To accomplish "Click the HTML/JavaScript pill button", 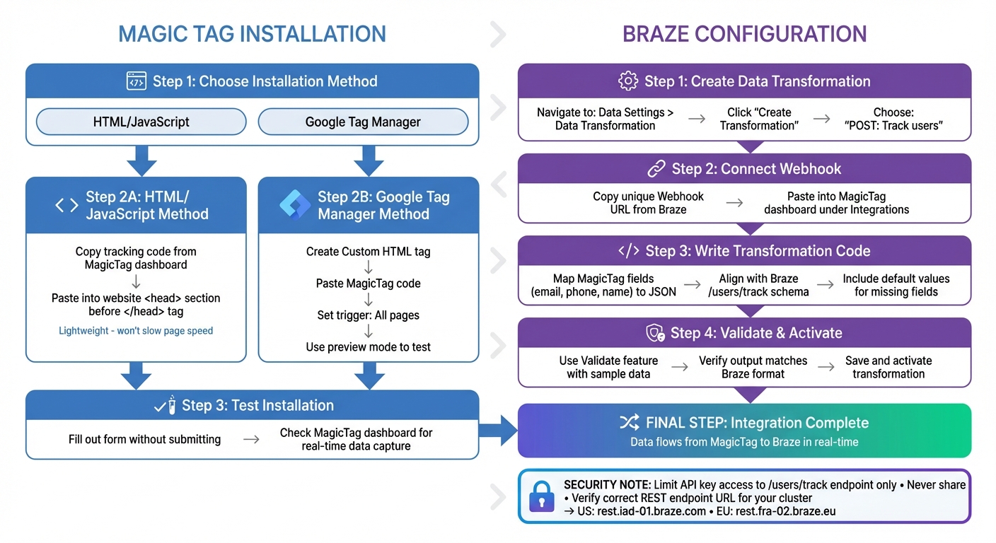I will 141,122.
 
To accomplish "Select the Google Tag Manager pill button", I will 363,122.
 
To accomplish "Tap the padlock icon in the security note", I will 542,497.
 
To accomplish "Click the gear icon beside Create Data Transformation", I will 627,81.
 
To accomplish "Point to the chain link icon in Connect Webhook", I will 656,169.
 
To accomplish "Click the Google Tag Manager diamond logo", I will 295,205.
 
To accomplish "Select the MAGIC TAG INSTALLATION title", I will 252,34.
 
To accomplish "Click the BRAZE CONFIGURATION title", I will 744,34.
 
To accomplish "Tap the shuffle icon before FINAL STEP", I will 629,423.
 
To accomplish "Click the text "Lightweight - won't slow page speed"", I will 136,330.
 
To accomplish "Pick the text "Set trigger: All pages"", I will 368,315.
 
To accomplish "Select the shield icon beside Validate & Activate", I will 656,333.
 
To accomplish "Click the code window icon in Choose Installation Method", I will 136,81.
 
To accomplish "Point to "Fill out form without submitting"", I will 144,439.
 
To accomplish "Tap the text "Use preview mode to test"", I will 368,346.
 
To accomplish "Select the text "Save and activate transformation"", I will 888,367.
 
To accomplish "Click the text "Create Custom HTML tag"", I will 368,252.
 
